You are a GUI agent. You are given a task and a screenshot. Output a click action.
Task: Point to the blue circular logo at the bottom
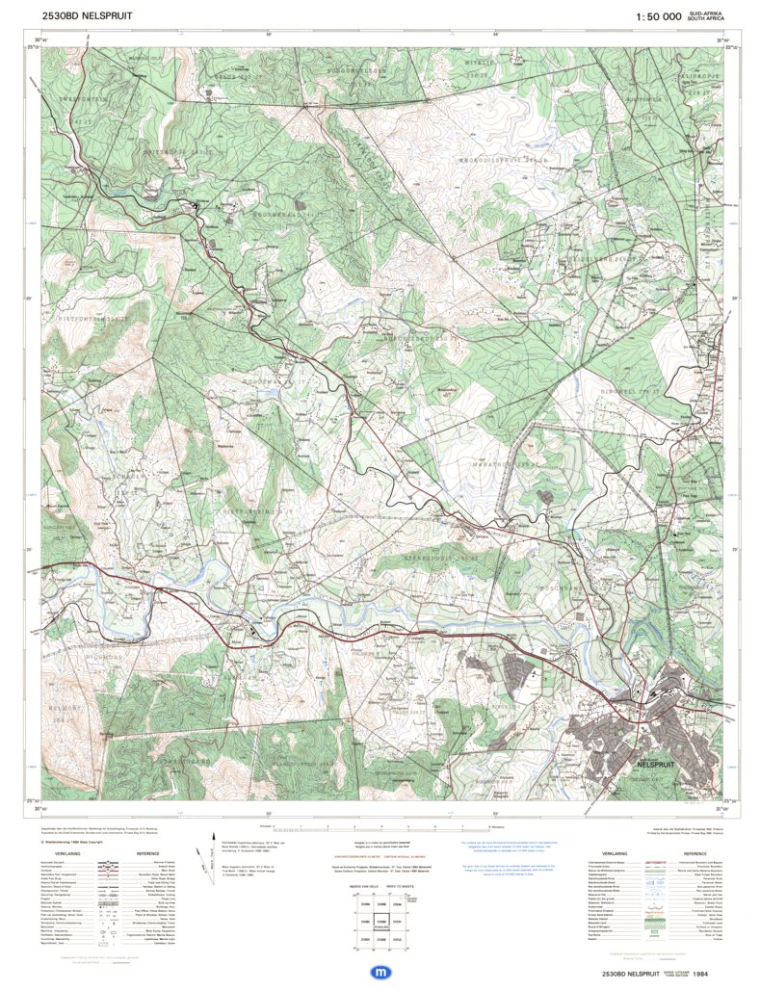pyautogui.click(x=380, y=973)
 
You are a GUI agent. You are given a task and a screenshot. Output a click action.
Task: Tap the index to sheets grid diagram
pyautogui.click(x=379, y=916)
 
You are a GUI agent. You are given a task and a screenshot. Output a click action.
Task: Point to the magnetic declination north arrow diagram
pyautogui.click(x=204, y=858)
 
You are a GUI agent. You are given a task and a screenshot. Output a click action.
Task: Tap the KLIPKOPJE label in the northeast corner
pyautogui.click(x=695, y=73)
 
